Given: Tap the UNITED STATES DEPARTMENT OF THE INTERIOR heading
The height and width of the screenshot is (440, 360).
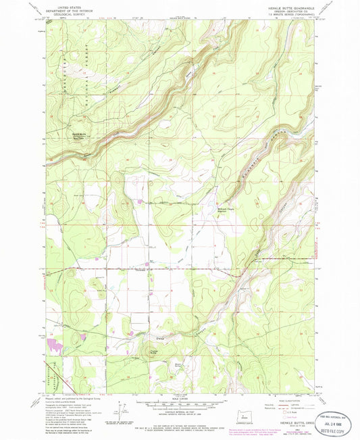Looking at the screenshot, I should point(74,7).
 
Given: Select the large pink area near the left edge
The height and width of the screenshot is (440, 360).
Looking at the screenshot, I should point(54,344).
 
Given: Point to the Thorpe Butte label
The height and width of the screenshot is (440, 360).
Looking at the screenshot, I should point(153,351).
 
